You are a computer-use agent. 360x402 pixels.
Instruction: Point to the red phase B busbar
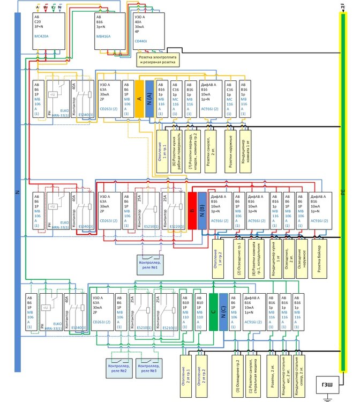click(191, 211)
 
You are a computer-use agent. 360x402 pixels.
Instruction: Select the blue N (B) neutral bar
click(201, 211)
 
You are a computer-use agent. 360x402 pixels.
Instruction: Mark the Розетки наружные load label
click(230, 151)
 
